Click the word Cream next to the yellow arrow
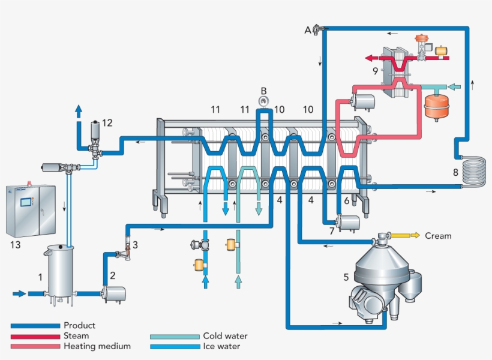point(438,236)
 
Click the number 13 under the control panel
point(16,244)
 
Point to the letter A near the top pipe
point(308,30)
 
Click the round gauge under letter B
point(263,100)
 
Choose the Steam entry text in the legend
point(76,336)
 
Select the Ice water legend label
point(221,346)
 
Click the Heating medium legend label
point(97,346)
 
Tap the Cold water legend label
point(225,336)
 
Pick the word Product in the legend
point(79,326)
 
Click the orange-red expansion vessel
point(435,106)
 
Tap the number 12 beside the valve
point(107,123)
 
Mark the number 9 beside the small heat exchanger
point(375,71)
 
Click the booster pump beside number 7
point(347,223)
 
